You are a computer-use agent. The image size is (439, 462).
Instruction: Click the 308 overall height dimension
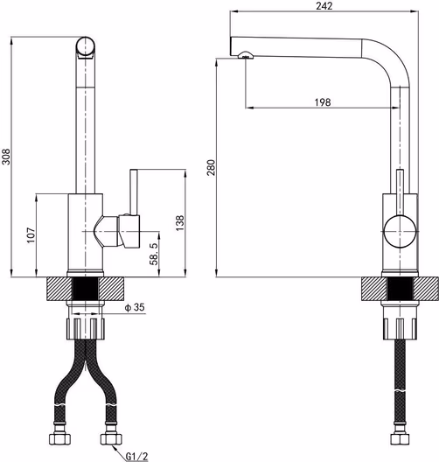pyautogui.click(x=6, y=157)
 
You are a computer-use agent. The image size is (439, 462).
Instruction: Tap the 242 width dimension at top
pyautogui.click(x=324, y=6)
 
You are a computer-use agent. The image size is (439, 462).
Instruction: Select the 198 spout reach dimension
pyautogui.click(x=323, y=102)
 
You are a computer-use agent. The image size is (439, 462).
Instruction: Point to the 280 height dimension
pyautogui.click(x=211, y=167)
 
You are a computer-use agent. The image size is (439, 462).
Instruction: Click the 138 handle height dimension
pyautogui.click(x=179, y=223)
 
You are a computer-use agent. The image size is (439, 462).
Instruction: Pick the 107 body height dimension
pyautogui.click(x=31, y=234)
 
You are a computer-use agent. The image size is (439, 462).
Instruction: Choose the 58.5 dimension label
pyautogui.click(x=154, y=254)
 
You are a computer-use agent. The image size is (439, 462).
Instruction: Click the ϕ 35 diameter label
pyautogui.click(x=135, y=307)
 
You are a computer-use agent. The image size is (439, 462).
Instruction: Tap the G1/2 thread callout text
pyautogui.click(x=136, y=457)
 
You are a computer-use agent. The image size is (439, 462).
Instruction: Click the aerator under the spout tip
pyautogui.click(x=245, y=55)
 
